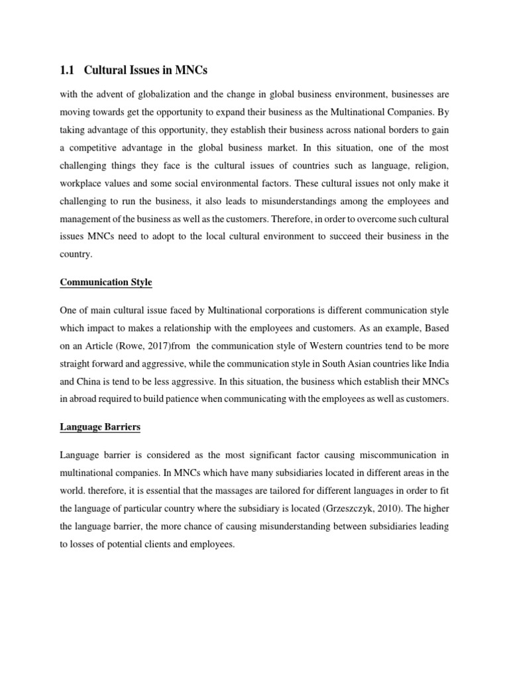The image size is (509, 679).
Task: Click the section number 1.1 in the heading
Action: click(68, 71)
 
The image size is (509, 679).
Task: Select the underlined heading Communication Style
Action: click(106, 282)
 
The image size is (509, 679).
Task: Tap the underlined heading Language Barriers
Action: click(100, 428)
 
